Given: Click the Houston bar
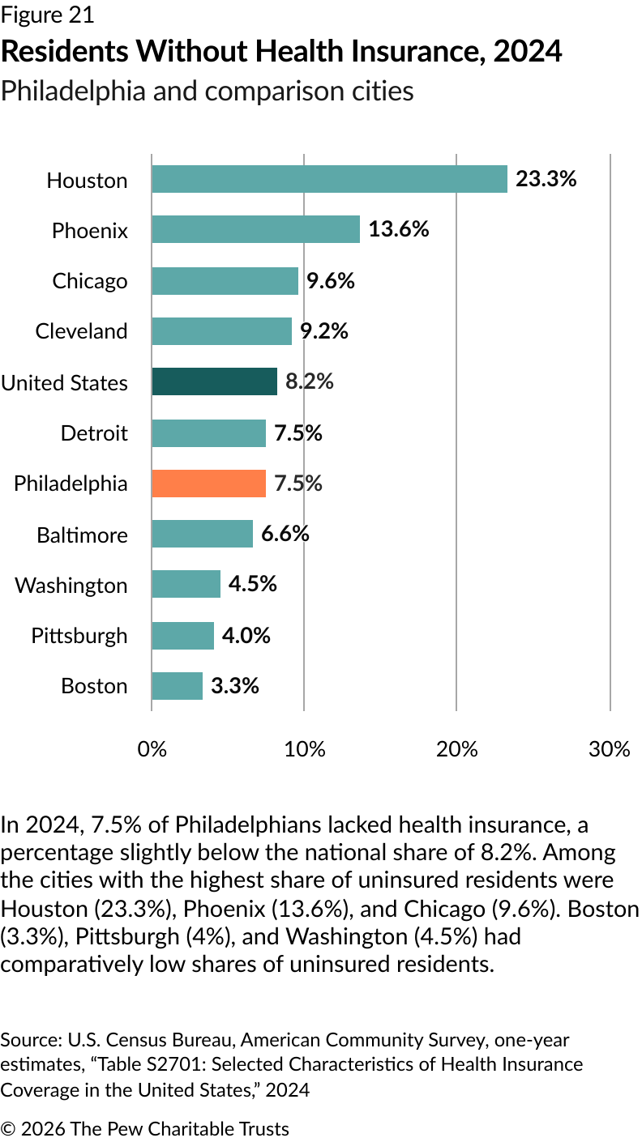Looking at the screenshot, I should (329, 179).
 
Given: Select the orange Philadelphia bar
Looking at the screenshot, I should (208, 484).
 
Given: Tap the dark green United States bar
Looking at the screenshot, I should (214, 381).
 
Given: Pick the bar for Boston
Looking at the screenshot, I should (177, 686).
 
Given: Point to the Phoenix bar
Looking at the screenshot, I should (255, 230).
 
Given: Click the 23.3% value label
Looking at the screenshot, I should (546, 179).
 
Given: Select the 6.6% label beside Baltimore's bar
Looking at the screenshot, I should (285, 534).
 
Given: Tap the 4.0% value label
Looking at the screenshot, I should (246, 635).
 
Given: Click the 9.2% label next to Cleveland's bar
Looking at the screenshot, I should (324, 330).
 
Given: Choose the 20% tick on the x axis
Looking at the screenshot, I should (456, 749).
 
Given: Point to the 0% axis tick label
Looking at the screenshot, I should (152, 749).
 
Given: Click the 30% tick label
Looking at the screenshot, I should (609, 749).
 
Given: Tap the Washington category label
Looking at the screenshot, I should (71, 585).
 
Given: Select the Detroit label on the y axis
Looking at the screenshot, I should (94, 433).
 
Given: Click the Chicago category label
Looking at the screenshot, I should (90, 281).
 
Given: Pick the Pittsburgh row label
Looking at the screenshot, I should (79, 635).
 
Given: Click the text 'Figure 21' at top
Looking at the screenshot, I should (47, 15).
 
